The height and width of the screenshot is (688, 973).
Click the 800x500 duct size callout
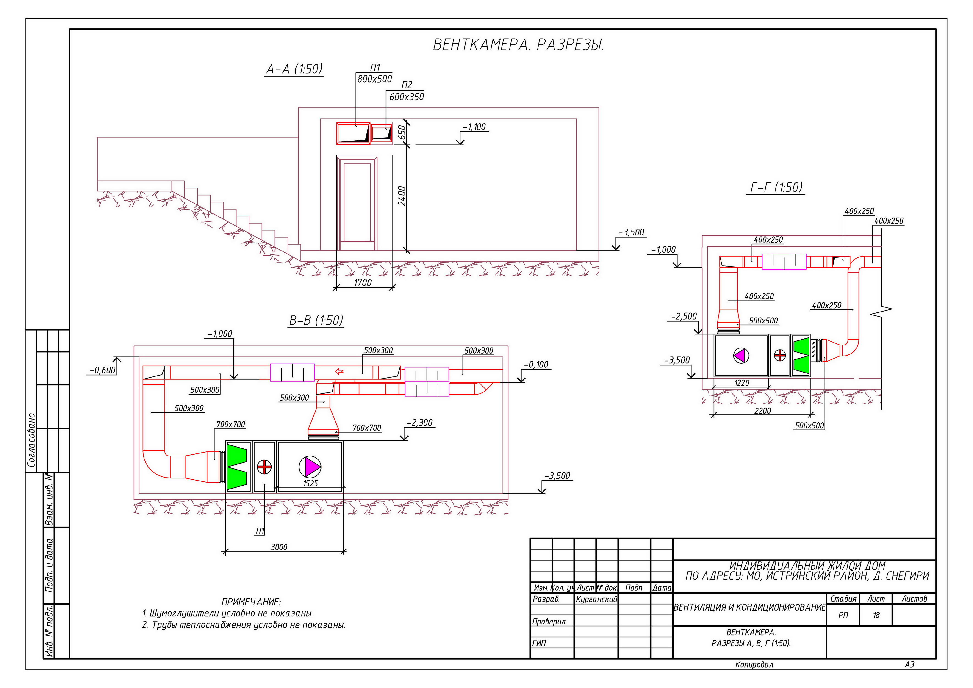pos(375,79)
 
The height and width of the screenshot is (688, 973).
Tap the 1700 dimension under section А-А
pos(363,283)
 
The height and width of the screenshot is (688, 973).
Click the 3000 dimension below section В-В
pos(279,547)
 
